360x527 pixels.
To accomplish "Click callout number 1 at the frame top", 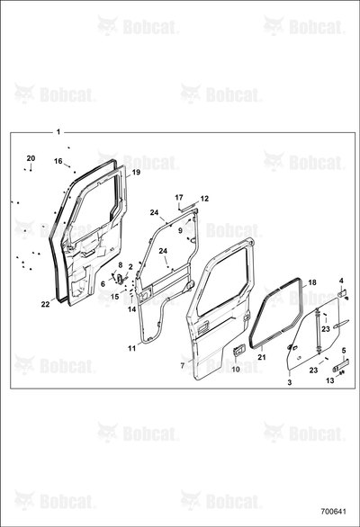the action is (58, 131).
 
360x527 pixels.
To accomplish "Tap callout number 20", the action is (31, 158).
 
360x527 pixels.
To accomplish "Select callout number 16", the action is (58, 161).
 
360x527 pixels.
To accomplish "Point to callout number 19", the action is (136, 172).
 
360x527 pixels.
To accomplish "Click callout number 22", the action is (45, 304).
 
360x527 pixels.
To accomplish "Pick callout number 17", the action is (179, 197).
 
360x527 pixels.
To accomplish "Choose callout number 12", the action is (204, 199).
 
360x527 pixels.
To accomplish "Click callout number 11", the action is (132, 349).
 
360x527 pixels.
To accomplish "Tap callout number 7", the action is (183, 366).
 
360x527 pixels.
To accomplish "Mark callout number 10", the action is (236, 370).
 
